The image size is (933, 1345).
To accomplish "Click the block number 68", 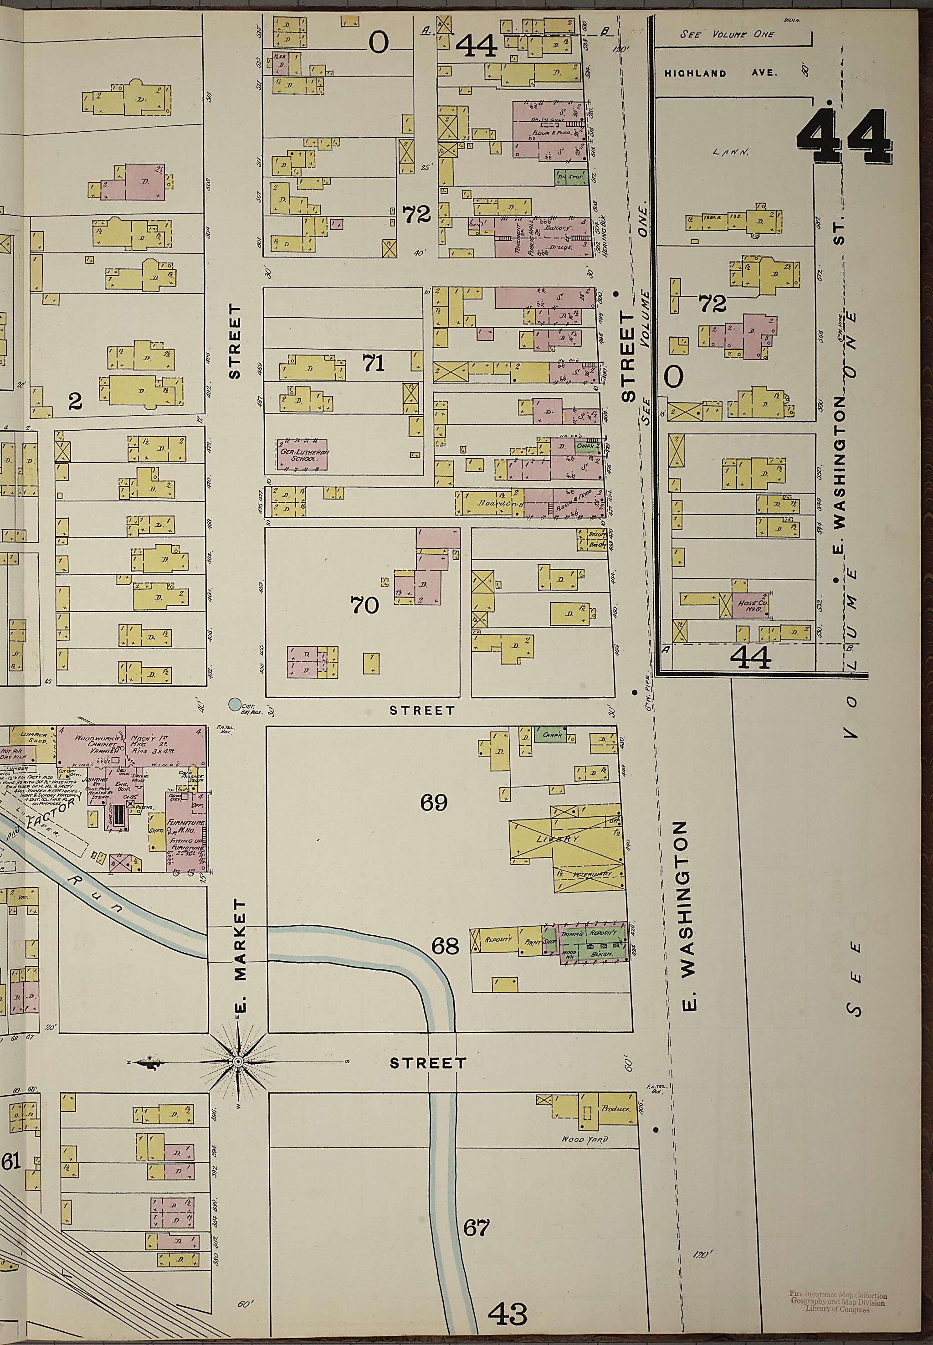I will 446,946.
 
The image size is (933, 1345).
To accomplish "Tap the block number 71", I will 374,364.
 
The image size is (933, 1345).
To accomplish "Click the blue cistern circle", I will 235,705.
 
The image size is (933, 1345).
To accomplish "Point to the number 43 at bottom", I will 508,1313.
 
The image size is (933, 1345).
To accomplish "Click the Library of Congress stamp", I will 838,1297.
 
